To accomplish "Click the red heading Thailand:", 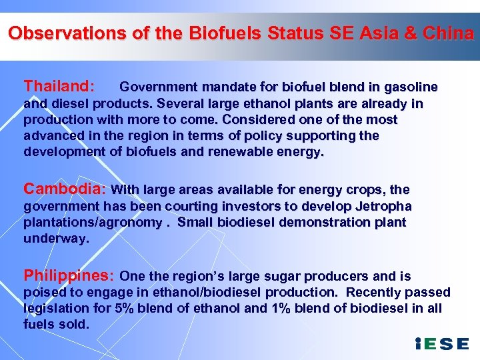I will pyautogui.click(x=59, y=86).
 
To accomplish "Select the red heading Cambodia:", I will pyautogui.click(x=65, y=189).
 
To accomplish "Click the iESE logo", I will pyautogui.click(x=442, y=344).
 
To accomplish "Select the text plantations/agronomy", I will pyautogui.click(x=93, y=222).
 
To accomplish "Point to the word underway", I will pyautogui.click(x=56, y=238).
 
